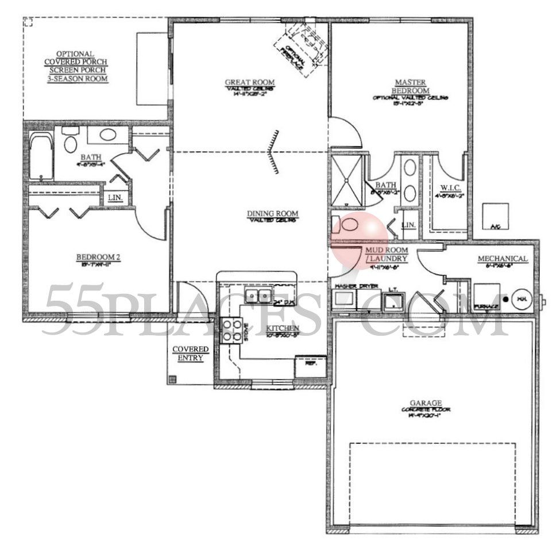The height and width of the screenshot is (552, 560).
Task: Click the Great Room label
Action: (249, 82)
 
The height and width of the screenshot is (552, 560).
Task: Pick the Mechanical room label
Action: (503, 259)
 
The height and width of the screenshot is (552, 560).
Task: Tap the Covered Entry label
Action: (191, 354)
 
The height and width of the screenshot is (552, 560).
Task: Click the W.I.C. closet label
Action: (449, 187)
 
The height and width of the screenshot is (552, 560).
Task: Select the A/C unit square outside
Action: (495, 216)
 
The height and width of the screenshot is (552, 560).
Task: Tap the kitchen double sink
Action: (257, 296)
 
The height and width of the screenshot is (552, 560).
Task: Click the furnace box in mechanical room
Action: (486, 298)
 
